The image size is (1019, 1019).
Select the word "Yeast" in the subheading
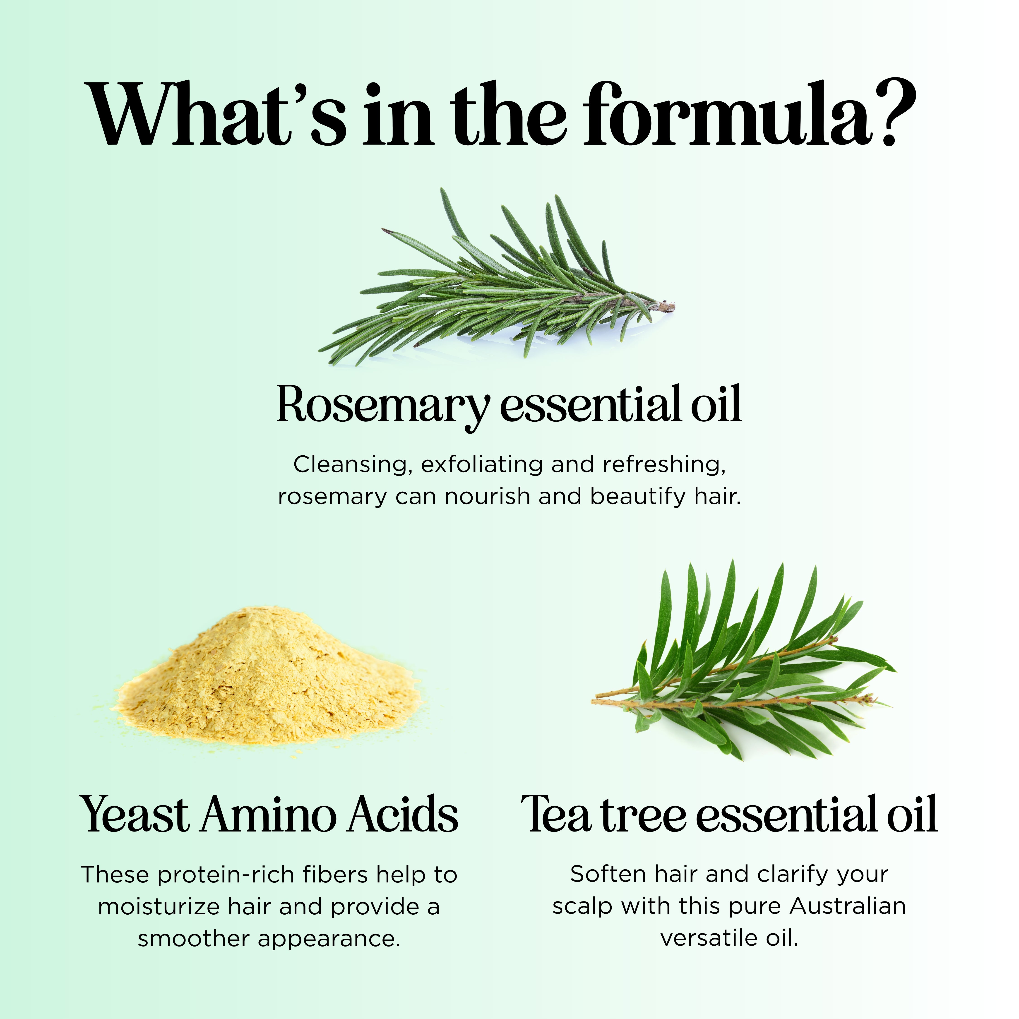(135, 814)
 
